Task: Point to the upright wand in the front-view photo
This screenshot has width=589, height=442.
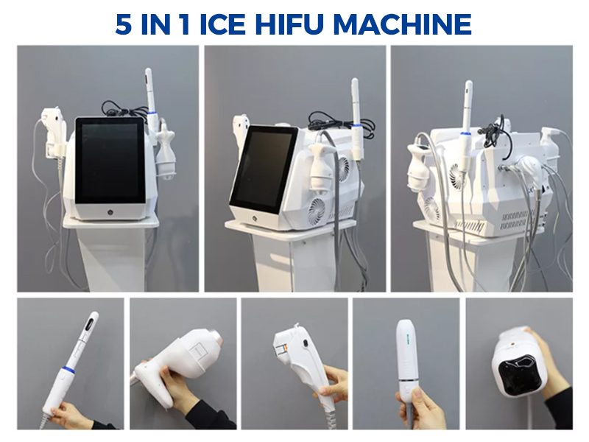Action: [x=151, y=99]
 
